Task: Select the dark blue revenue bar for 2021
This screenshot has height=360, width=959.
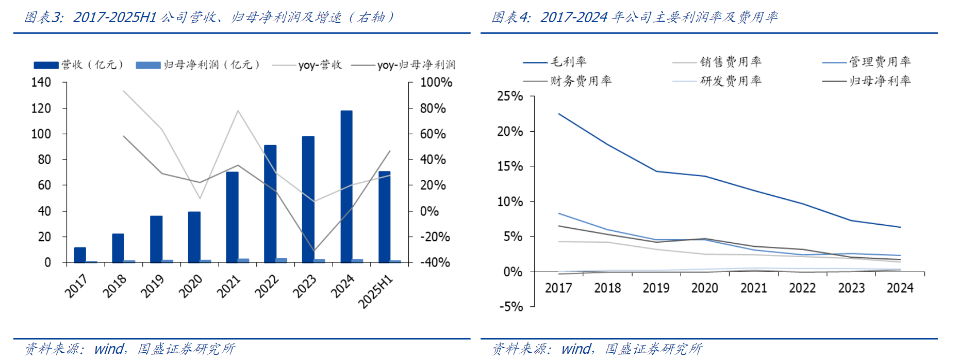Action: coord(232,217)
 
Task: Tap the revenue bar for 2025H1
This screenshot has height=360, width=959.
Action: coord(384,217)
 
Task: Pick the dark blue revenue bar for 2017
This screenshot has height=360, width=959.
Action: coord(80,255)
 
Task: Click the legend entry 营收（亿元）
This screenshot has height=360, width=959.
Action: coord(79,65)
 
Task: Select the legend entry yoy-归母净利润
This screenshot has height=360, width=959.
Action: coord(404,65)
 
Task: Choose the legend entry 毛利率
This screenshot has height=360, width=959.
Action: coord(555,62)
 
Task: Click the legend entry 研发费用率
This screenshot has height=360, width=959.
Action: coord(718,81)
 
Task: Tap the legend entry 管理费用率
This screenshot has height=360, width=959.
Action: coord(867,62)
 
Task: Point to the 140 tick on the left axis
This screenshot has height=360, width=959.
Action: coord(41,83)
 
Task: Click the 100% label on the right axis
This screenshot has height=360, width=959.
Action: coord(436,83)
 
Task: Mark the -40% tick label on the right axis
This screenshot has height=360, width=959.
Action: coord(435,262)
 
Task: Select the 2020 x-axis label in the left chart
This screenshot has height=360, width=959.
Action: coord(190,286)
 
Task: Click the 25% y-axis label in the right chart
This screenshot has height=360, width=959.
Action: coord(510,97)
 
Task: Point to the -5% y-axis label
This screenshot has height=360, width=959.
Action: coord(511,307)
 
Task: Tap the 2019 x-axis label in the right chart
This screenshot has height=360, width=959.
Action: coord(656,288)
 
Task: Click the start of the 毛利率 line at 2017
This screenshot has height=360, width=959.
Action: coord(559,114)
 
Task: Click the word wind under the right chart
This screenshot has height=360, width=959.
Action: coord(576,349)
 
